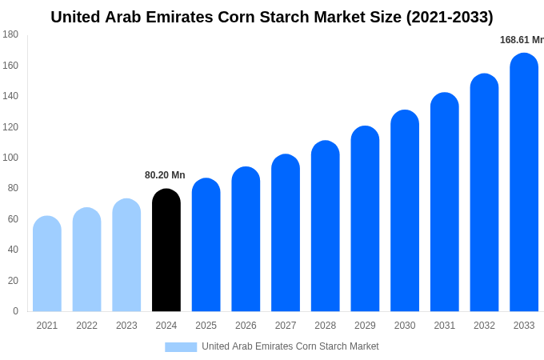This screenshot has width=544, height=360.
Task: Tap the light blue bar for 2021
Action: [x=47, y=264]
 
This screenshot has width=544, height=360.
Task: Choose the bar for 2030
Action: [x=405, y=211]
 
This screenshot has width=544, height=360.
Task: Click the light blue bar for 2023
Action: [x=126, y=255]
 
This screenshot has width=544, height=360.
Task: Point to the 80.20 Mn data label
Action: [x=165, y=175]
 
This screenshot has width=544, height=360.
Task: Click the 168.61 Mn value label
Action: [x=522, y=40]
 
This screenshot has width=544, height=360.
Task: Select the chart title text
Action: [x=272, y=17]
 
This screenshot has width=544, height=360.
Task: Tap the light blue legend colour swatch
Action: [x=181, y=346]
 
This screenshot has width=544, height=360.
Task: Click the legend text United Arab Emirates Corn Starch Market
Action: [x=290, y=346]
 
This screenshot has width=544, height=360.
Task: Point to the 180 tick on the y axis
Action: [x=10, y=34]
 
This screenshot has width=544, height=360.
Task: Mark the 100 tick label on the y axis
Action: [x=10, y=158]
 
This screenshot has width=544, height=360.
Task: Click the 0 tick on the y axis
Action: [x=15, y=311]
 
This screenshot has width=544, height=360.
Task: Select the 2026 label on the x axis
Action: [x=246, y=326]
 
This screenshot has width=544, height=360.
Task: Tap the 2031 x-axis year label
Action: [x=445, y=326]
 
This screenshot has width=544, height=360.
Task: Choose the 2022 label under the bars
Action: [x=87, y=326]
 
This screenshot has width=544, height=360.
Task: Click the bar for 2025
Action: [x=206, y=245]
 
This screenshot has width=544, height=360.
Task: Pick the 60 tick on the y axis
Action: [x=13, y=219]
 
